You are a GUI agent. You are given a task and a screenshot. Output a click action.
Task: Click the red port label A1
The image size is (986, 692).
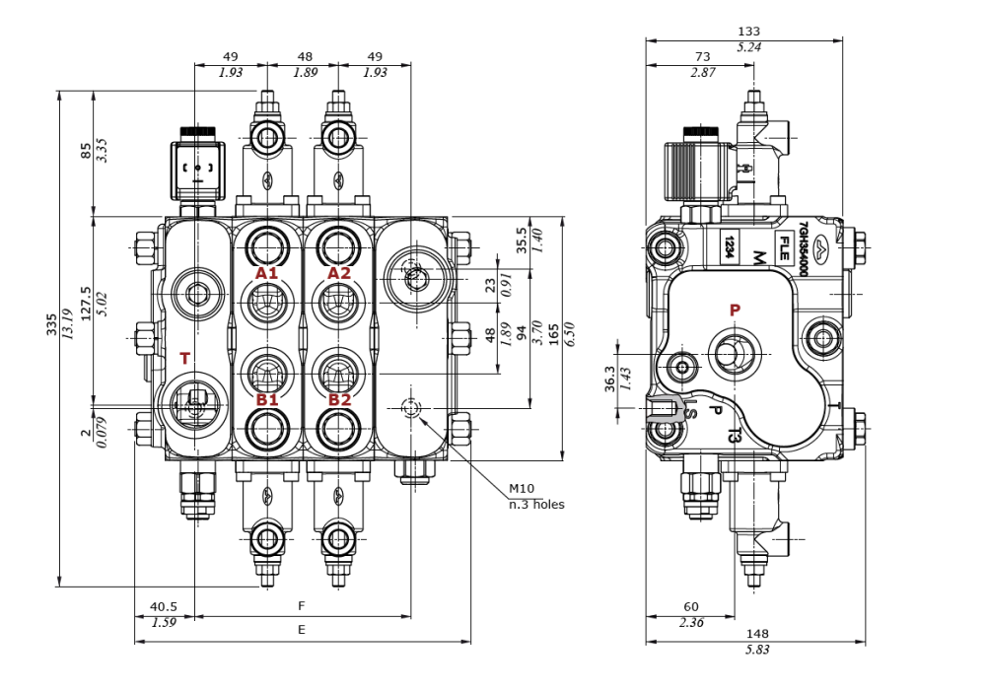(267, 273)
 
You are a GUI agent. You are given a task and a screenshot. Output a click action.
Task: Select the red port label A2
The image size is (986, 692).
(339, 273)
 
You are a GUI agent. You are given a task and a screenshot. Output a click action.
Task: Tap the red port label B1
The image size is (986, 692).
(267, 399)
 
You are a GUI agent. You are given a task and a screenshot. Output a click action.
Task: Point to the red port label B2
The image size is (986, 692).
(339, 399)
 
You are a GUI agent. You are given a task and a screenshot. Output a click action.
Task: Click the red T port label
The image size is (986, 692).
(184, 359)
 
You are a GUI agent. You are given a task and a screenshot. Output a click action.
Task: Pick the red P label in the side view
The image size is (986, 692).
(735, 310)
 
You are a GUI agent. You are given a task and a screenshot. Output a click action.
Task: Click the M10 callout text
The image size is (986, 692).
(521, 489)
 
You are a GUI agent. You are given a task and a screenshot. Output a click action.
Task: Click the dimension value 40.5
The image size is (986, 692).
(164, 607)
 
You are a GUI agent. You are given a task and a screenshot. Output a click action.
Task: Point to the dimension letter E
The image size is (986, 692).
(302, 629)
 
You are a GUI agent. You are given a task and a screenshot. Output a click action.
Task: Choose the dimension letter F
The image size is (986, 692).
(302, 604)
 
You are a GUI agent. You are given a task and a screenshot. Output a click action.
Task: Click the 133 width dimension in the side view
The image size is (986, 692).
(749, 32)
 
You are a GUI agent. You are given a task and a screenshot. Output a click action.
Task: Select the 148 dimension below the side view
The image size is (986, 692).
(758, 633)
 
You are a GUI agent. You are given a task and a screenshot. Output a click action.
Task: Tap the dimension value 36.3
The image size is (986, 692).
(609, 380)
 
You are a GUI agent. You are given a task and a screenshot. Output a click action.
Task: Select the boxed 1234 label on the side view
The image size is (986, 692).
(729, 246)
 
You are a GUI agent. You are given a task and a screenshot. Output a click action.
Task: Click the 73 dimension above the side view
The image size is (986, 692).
(702, 57)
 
